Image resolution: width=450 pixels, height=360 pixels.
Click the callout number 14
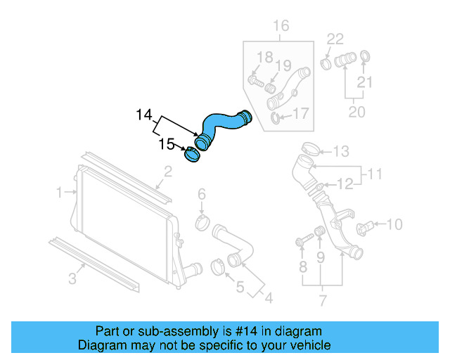(144, 114)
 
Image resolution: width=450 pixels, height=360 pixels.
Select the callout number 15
(167, 144)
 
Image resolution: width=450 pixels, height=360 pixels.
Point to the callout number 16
(281, 27)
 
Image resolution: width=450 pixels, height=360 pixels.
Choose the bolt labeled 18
(257, 82)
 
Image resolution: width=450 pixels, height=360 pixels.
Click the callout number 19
(283, 66)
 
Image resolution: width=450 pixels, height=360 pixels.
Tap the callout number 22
(335, 39)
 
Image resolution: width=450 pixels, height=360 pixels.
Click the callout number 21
(364, 82)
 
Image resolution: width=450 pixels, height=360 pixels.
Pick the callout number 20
(356, 111)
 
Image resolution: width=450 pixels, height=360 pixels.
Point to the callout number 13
(340, 151)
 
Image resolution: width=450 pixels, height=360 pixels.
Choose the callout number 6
(201, 194)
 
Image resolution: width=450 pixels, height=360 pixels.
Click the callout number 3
(72, 280)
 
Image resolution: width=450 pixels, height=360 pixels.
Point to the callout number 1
(61, 191)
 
